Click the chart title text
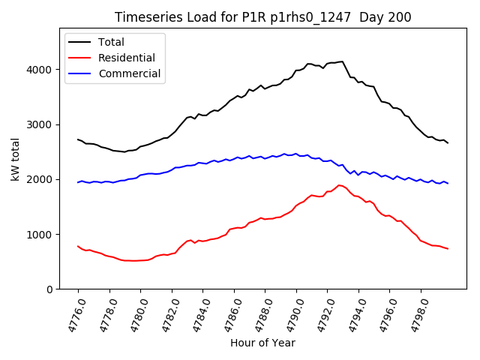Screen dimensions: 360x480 (x=262, y=17)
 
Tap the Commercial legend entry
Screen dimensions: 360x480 (x=129, y=73)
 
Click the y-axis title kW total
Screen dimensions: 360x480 (x=15, y=159)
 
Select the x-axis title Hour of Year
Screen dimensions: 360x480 (x=262, y=343)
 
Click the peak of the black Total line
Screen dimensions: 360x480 (x=342, y=61)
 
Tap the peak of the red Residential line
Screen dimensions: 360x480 (x=339, y=184)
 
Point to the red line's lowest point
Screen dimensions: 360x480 (x=133, y=261)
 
